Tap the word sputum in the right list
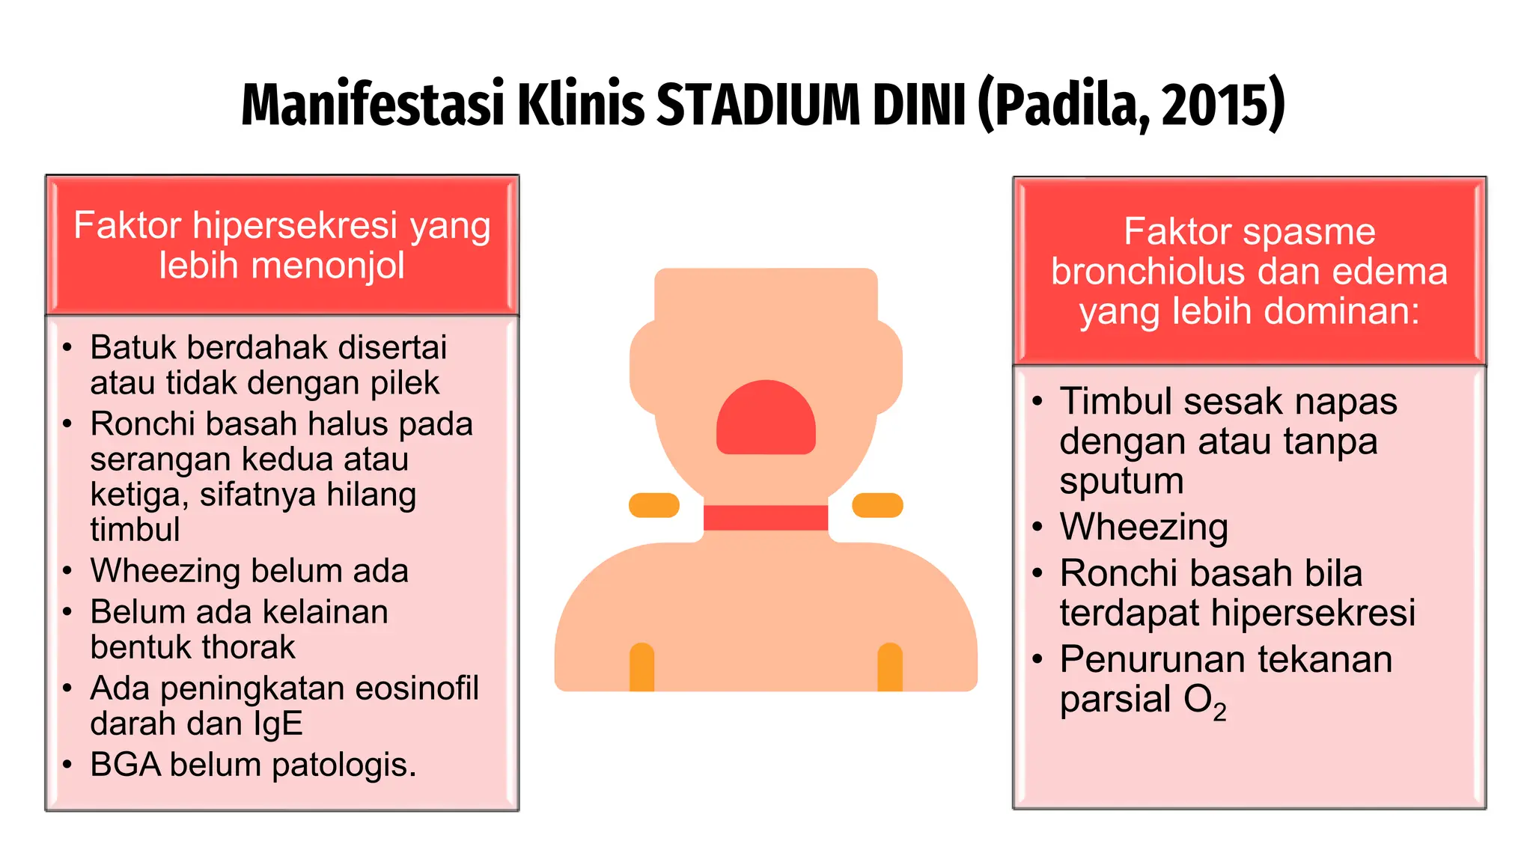pyautogui.click(x=1121, y=482)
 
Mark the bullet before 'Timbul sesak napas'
pyautogui.click(x=1037, y=402)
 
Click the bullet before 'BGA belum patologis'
pyautogui.click(x=67, y=765)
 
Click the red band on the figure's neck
pyautogui.click(x=766, y=518)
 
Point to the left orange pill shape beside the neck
pyautogui.click(x=653, y=505)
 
